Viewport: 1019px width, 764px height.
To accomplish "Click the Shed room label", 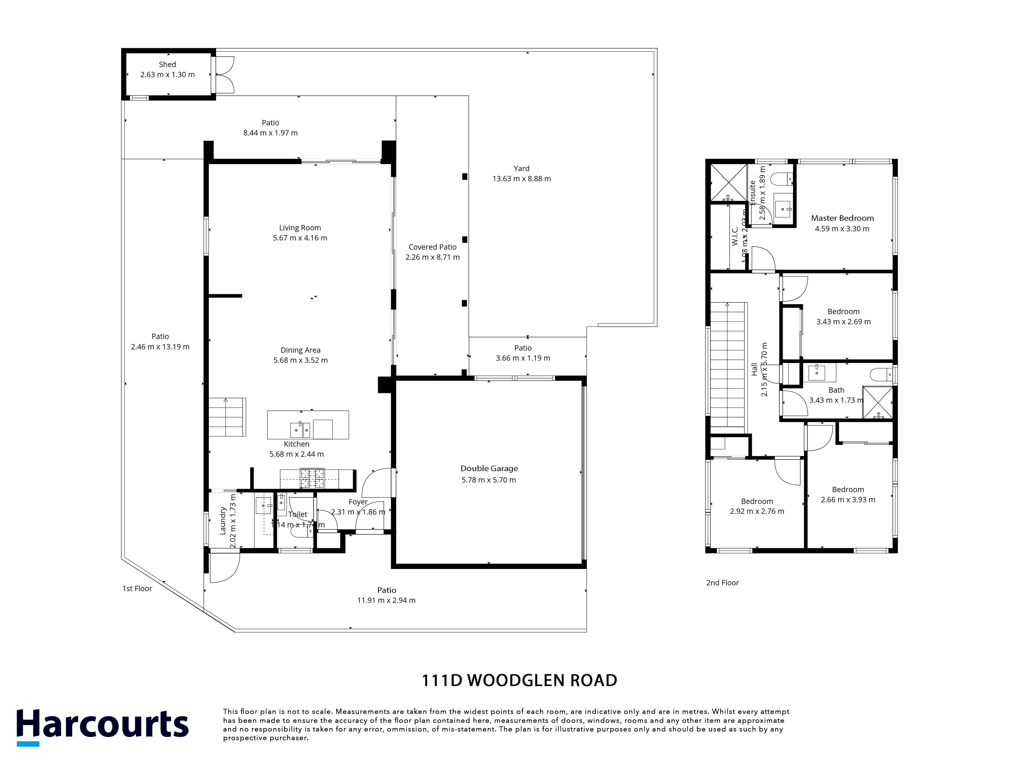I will pos(167,64).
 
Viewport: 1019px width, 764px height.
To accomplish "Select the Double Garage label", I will pos(489,468).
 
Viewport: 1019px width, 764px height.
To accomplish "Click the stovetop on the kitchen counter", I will pos(312,478).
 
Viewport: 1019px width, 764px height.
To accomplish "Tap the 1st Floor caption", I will pos(137,589).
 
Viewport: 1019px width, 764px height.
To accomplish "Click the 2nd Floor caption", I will pos(722,583).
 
